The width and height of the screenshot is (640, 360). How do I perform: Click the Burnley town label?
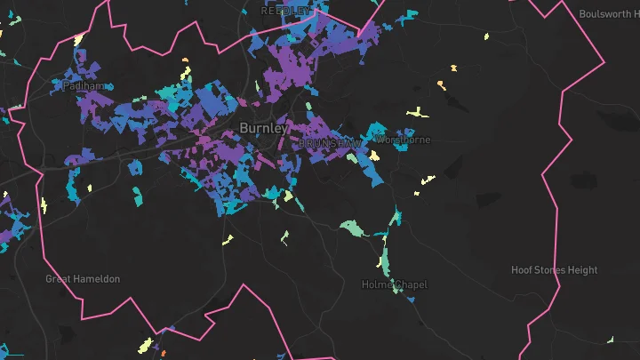(263, 129)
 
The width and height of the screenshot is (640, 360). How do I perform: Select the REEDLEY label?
(286, 11)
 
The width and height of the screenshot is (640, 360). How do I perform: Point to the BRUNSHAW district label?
(330, 142)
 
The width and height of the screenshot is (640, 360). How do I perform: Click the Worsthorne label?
(403, 140)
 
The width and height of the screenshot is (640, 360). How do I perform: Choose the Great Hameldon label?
(83, 279)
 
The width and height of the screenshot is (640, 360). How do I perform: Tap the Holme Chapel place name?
(395, 284)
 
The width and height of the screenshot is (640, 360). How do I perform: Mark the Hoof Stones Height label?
(554, 269)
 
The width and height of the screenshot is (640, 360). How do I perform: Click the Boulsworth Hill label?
(609, 14)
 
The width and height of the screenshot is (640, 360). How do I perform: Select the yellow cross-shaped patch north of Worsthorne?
(416, 113)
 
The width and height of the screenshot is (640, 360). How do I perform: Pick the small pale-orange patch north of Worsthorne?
(441, 84)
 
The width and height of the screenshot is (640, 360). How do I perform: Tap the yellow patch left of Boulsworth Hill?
(485, 37)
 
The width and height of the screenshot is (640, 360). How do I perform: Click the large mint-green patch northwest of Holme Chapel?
(353, 228)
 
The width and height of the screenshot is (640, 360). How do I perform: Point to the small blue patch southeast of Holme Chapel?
(412, 300)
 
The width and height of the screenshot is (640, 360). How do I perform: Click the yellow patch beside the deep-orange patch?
(148, 342)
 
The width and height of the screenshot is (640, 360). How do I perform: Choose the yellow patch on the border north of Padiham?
(78, 39)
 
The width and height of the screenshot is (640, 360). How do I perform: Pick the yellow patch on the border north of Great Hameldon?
(44, 206)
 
